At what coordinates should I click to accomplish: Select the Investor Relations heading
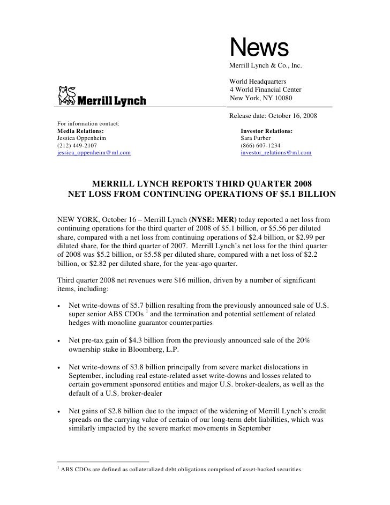(x=267, y=131)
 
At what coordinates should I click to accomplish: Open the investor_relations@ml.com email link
(x=276, y=153)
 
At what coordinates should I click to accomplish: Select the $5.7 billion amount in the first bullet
(x=138, y=305)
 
